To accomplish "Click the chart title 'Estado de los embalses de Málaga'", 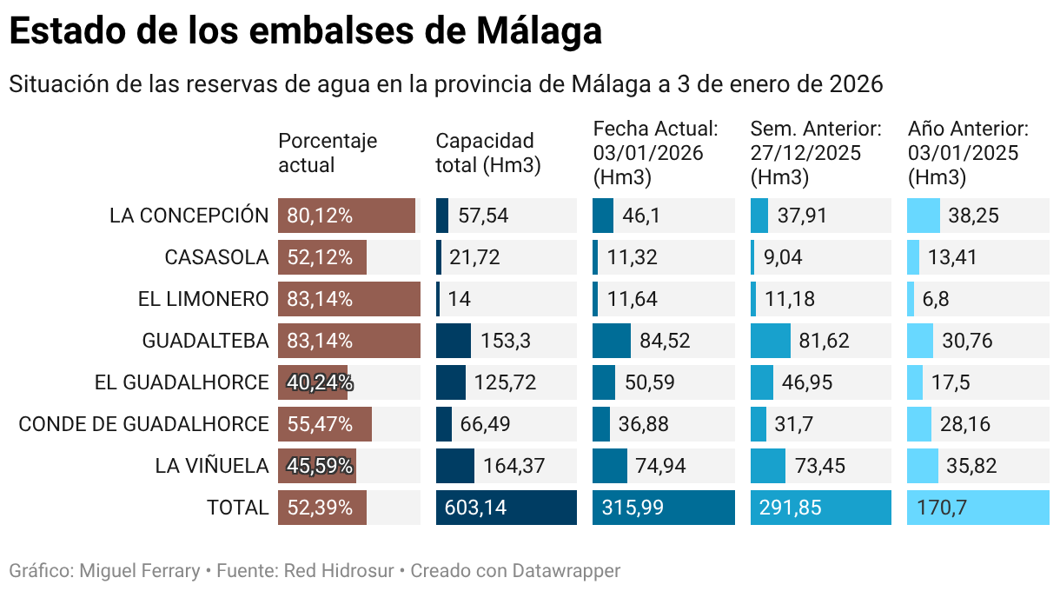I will (x=305, y=32).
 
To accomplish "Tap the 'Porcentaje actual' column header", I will (x=328, y=153).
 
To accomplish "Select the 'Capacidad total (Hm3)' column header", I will (x=487, y=153).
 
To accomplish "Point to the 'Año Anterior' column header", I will (x=968, y=129).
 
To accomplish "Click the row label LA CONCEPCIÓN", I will (x=189, y=216).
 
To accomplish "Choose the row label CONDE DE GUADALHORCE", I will (x=143, y=424).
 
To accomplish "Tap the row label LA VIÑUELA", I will (x=212, y=466).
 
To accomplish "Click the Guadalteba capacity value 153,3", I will (x=505, y=341).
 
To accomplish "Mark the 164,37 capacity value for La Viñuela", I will (x=513, y=466).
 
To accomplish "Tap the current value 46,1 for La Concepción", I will (x=641, y=216).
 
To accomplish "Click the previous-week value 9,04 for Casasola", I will (x=783, y=257).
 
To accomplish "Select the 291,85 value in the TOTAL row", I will (x=790, y=508).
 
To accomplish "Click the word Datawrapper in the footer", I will (x=566, y=571).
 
